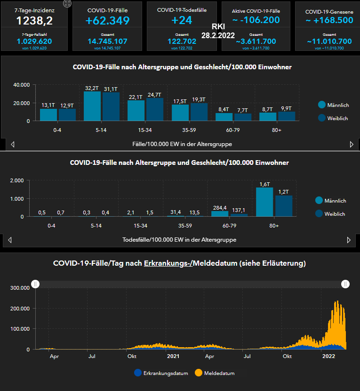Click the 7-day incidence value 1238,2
point(34,20)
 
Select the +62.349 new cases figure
point(108,20)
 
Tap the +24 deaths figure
point(182,20)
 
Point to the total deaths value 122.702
point(182,41)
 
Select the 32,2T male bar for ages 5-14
point(92,106)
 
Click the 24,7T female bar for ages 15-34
point(155,109)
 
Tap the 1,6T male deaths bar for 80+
point(265,202)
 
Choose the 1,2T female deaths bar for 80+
point(284,206)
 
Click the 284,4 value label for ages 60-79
point(219,207)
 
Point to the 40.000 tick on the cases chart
point(21,85)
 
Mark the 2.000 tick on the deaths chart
point(17,180)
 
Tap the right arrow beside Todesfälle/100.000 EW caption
point(349,240)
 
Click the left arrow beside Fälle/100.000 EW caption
point(13,144)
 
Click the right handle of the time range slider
point(345,284)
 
